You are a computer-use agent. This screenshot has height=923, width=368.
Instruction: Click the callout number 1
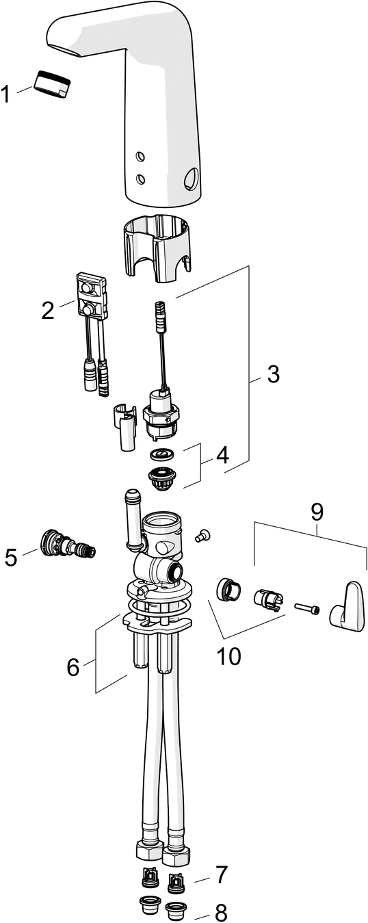point(5,94)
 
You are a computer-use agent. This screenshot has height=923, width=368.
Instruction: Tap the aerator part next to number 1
point(52,84)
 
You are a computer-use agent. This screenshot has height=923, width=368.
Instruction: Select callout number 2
point(47,310)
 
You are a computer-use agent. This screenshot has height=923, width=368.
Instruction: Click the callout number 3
point(272,374)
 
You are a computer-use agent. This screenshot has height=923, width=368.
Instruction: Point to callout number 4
point(222,456)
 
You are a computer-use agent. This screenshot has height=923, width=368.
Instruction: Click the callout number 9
point(317,512)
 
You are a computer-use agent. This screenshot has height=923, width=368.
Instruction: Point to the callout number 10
point(229,655)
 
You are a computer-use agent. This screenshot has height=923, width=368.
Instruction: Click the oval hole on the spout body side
point(192,179)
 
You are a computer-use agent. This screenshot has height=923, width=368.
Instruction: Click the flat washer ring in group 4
point(161,455)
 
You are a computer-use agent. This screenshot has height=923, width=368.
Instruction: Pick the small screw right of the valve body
point(202,535)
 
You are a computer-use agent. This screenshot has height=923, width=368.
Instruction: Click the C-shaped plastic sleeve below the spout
point(157,248)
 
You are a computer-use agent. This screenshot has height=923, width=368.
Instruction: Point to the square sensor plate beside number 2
point(91,296)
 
